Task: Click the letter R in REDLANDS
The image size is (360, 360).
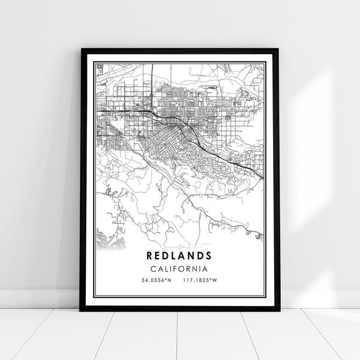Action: point(149,255)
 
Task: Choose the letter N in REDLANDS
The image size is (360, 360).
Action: point(191,255)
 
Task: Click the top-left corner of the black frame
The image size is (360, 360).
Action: point(81,49)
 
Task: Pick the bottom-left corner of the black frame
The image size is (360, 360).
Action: point(81,310)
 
